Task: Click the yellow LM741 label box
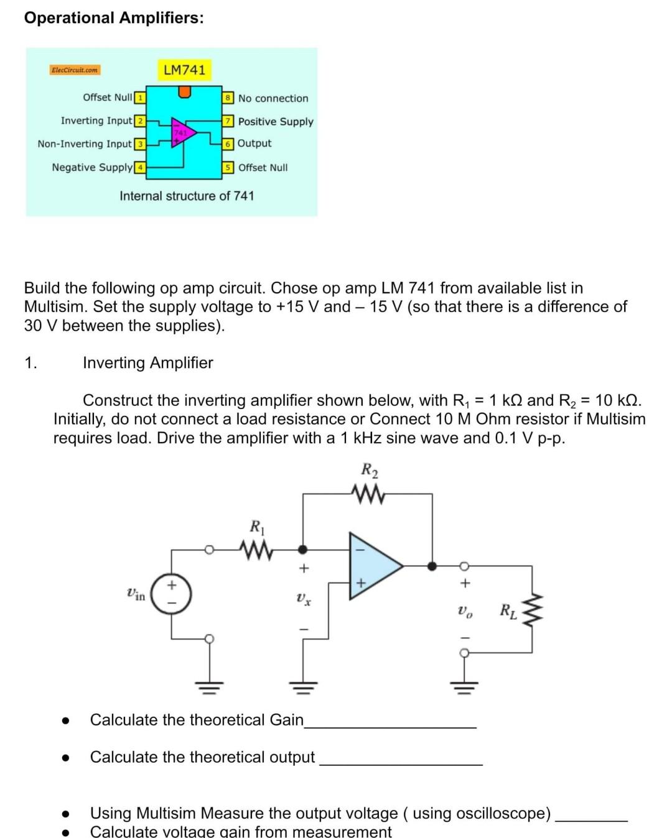click(x=184, y=70)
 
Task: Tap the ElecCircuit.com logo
click(x=75, y=70)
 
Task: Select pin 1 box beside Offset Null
click(x=140, y=98)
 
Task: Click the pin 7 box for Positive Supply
click(x=229, y=121)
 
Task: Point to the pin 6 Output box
click(x=229, y=144)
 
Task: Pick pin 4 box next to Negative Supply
click(x=141, y=167)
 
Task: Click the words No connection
click(x=273, y=98)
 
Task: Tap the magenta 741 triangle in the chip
click(x=183, y=132)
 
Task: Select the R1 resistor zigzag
click(x=256, y=550)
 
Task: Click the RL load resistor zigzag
click(x=533, y=610)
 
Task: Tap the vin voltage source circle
click(x=171, y=594)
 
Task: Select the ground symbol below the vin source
click(x=210, y=687)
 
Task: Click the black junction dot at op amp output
click(x=432, y=566)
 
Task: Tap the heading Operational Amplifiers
click(x=114, y=18)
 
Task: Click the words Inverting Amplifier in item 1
click(x=148, y=363)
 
